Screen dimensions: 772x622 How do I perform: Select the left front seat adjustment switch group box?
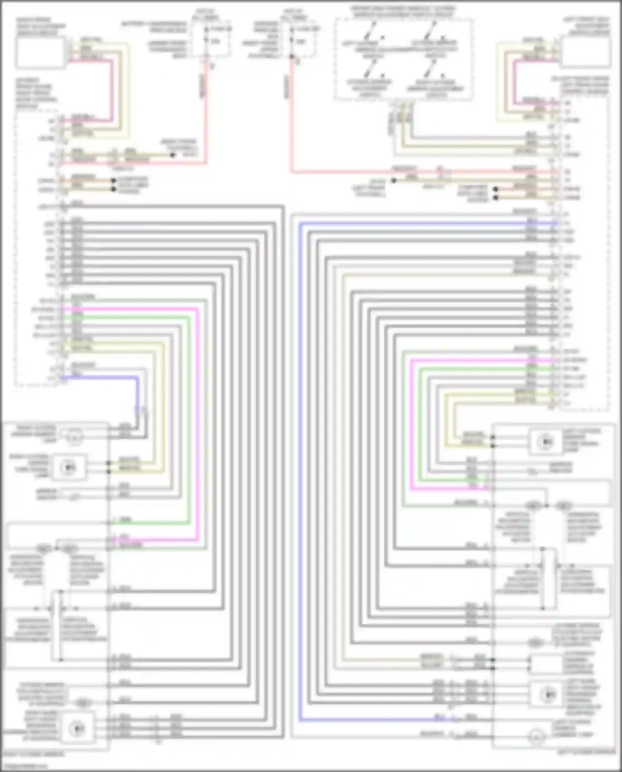pyautogui.click(x=586, y=51)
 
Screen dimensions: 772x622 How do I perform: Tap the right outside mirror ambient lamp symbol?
pyautogui.click(x=75, y=437)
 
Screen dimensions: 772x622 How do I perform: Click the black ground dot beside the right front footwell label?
pyautogui.click(x=173, y=155)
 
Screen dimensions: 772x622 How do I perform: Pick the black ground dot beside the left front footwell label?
pyautogui.click(x=394, y=181)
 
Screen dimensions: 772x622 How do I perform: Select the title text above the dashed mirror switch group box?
pyautogui.click(x=403, y=12)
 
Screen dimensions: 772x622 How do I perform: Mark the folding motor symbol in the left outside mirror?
pyautogui.click(x=535, y=643)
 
